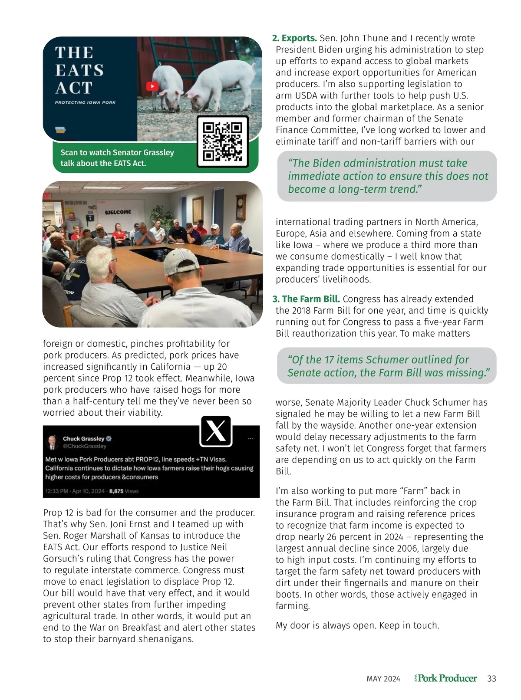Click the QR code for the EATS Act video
click(223, 141)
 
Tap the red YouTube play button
click(152, 86)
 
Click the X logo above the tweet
click(216, 431)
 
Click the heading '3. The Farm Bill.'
click(306, 299)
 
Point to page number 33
click(491, 679)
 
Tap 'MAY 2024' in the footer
click(383, 679)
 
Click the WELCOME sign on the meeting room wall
click(118, 212)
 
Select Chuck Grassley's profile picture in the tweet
click(53, 442)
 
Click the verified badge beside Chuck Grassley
click(109, 439)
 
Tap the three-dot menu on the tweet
click(250, 439)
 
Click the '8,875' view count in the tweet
click(116, 491)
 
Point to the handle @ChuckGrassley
click(85, 446)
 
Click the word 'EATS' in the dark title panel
click(79, 70)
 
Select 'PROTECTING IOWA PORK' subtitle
click(85, 102)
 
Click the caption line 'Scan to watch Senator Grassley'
click(117, 152)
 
